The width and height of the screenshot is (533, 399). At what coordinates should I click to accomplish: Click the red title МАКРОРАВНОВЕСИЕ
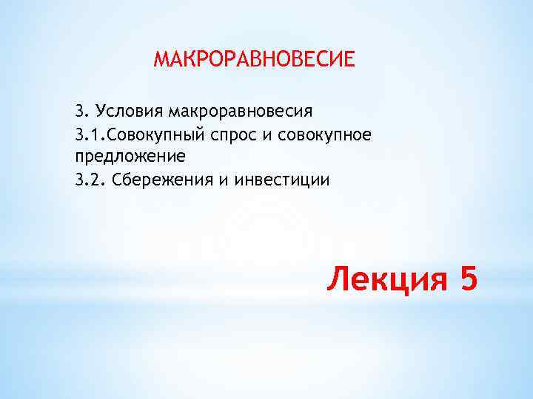[x=254, y=58]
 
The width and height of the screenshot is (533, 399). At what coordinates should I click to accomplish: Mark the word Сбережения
[x=162, y=180]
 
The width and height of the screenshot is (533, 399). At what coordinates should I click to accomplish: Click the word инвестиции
[x=282, y=180]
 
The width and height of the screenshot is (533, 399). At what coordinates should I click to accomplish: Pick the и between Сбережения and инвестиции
[x=222, y=180]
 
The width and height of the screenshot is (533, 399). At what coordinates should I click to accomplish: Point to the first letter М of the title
[x=160, y=58]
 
